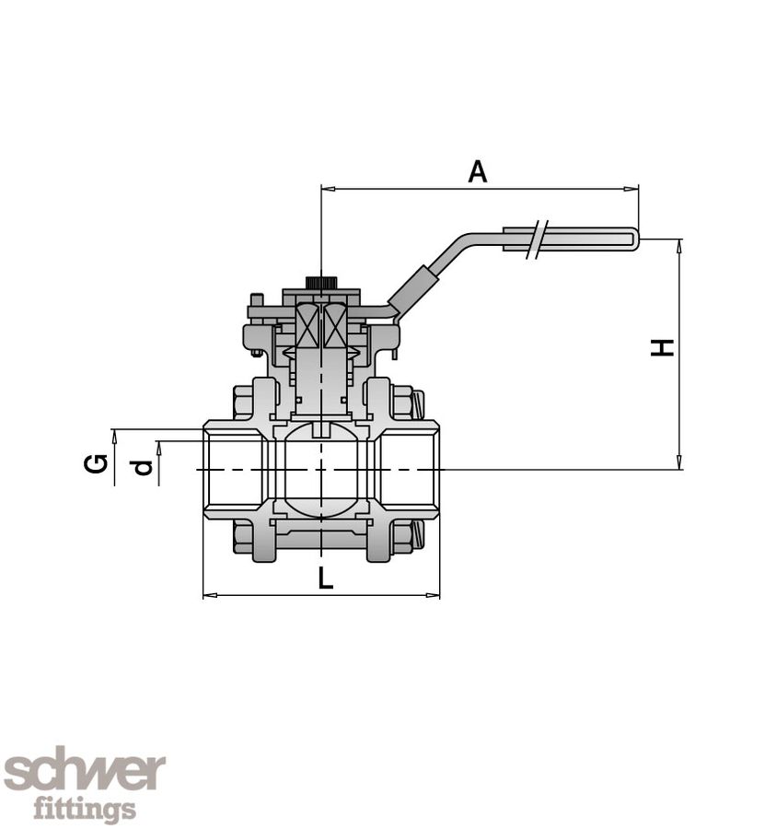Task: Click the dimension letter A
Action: click(477, 171)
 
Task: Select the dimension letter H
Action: click(663, 347)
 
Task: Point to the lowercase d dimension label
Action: click(142, 468)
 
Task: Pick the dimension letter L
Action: click(325, 578)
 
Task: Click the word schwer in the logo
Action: click(84, 772)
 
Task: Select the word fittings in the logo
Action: click(85, 810)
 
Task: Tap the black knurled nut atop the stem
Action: click(319, 282)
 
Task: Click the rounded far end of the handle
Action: click(632, 239)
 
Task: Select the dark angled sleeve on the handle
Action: click(410, 290)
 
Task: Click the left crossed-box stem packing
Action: click(307, 326)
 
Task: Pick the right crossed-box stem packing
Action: click(335, 326)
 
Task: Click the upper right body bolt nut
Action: click(402, 402)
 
